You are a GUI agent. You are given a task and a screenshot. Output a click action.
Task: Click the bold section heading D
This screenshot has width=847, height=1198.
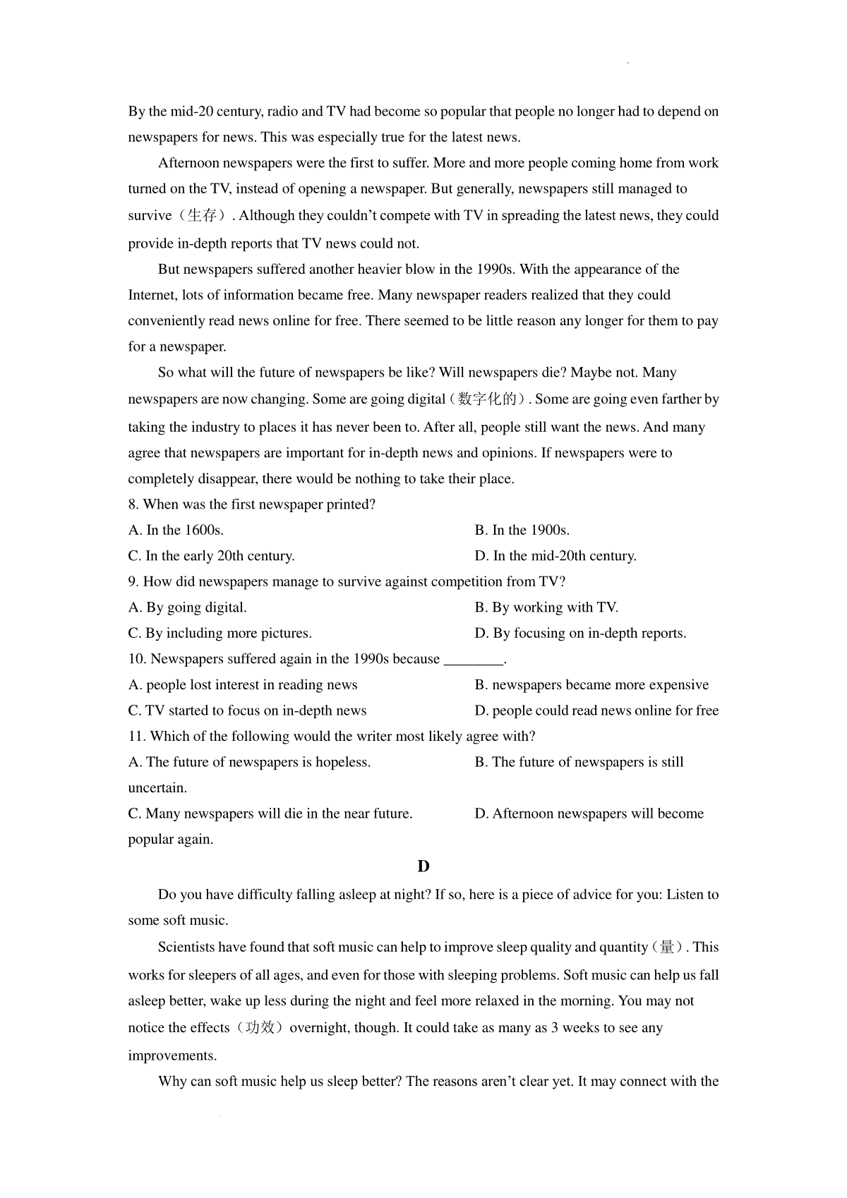(423, 866)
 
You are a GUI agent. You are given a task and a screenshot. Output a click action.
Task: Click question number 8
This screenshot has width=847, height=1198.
(133, 504)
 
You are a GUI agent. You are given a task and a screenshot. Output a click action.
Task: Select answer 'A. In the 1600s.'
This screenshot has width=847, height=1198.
(176, 531)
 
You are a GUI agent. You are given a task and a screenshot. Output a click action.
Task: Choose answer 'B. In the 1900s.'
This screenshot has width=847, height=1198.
(522, 531)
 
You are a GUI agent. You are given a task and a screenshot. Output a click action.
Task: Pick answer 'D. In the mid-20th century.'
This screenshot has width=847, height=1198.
(555, 556)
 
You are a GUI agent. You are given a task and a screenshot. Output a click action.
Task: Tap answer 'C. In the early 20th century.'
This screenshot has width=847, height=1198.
(211, 556)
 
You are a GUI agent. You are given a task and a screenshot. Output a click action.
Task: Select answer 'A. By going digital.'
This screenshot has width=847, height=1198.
(187, 607)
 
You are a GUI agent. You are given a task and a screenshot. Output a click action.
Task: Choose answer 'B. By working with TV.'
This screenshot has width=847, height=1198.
(546, 607)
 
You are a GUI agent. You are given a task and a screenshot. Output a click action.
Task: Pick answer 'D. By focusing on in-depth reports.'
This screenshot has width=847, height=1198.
(580, 634)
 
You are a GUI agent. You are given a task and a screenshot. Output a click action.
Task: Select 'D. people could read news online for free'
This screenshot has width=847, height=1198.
(596, 710)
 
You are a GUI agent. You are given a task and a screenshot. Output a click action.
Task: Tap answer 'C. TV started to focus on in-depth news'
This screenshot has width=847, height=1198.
(247, 710)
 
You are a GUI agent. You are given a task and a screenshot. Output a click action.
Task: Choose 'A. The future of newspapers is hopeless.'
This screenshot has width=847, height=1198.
(249, 762)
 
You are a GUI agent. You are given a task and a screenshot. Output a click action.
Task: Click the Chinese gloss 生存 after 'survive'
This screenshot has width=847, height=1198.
(202, 216)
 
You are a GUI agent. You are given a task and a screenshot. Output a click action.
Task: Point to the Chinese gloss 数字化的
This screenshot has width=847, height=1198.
(487, 399)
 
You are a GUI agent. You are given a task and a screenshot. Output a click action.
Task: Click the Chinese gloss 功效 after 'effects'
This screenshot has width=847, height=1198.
(260, 1028)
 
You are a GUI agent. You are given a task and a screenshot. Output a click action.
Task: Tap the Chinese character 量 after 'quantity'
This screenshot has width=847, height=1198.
(666, 948)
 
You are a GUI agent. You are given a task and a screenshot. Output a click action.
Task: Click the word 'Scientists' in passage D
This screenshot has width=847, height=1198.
(186, 948)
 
